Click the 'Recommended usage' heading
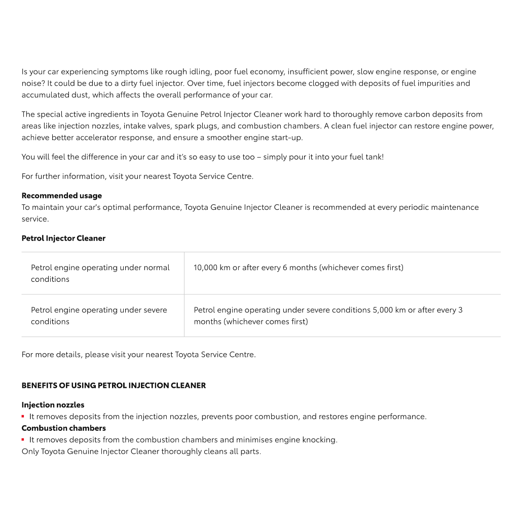point(61,196)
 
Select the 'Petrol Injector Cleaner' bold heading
point(63,238)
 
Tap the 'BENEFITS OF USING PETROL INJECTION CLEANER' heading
point(114,386)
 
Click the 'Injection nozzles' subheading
point(53,405)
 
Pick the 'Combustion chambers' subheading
point(63,428)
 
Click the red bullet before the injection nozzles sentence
point(23,417)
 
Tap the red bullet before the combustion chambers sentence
point(23,440)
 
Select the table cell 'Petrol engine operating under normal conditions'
point(100,273)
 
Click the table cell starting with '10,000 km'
point(299,268)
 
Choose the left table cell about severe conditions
point(99,316)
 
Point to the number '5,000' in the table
point(383,310)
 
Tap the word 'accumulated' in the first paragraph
point(44,95)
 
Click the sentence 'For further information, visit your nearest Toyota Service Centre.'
point(137,176)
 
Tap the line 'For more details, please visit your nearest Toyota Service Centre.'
point(138,355)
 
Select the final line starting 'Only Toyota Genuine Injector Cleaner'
point(141,452)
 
